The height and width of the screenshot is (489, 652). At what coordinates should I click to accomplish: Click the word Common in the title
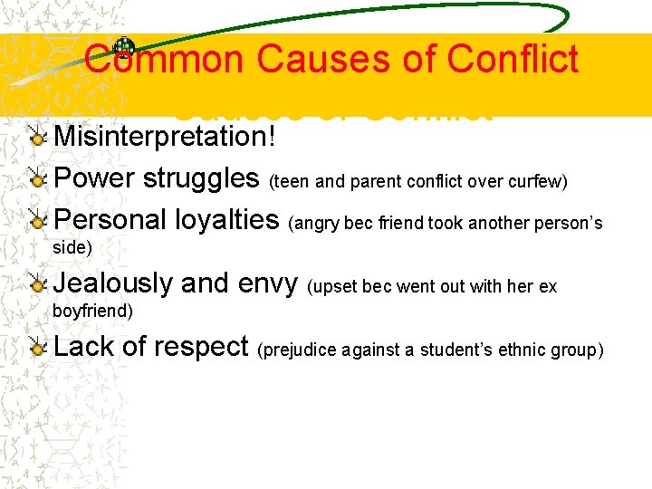click(x=163, y=60)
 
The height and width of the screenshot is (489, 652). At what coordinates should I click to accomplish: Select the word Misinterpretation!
click(x=164, y=137)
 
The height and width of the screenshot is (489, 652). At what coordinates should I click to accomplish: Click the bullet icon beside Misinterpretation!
click(x=36, y=137)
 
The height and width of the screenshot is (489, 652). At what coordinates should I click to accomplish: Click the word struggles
click(x=201, y=177)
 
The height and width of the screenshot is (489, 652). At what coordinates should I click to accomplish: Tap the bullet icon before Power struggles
click(x=36, y=177)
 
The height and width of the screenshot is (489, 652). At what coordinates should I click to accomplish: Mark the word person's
click(x=570, y=223)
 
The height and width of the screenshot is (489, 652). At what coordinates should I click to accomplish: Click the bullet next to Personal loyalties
click(x=36, y=220)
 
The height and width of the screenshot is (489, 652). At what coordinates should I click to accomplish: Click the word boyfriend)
click(x=93, y=311)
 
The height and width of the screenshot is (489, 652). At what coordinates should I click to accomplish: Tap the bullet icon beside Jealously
click(x=36, y=283)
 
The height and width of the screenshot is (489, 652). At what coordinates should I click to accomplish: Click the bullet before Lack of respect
click(x=36, y=347)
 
